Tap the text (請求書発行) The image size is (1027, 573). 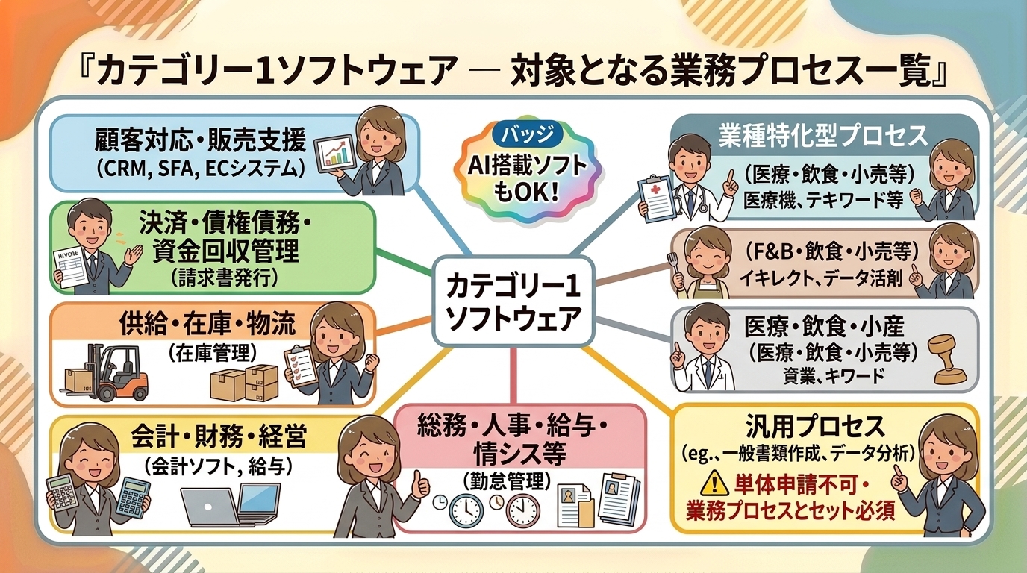click(224, 278)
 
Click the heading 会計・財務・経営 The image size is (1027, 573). click(217, 437)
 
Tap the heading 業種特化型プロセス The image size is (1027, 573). click(823, 135)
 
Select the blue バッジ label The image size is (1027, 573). click(527, 135)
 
